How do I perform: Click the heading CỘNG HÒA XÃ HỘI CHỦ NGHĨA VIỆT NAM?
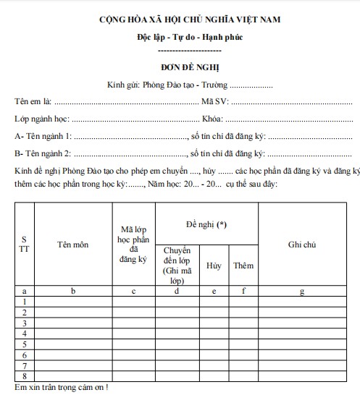tap(182, 21)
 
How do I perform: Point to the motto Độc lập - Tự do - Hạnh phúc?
tap(181, 37)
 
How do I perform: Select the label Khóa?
tap(212, 118)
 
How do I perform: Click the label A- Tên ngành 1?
tap(43, 136)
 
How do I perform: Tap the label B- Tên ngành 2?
tap(43, 154)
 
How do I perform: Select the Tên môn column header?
tap(72, 245)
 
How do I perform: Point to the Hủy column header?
tap(214, 266)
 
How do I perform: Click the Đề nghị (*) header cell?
tap(206, 224)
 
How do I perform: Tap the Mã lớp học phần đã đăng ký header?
tap(133, 245)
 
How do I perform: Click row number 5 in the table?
tap(25, 344)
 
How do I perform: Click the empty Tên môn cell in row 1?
tap(72, 301)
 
